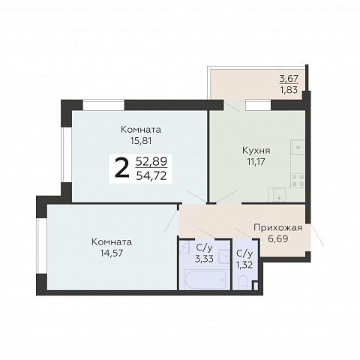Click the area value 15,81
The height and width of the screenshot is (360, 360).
click(x=141, y=141)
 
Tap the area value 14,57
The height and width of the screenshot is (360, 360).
click(x=112, y=253)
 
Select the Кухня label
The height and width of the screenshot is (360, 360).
click(x=256, y=151)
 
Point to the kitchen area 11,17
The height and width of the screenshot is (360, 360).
click(x=256, y=162)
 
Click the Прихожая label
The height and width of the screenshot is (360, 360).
click(x=278, y=228)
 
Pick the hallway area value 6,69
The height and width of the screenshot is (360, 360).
click(x=278, y=238)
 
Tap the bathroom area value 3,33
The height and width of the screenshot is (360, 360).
click(x=204, y=259)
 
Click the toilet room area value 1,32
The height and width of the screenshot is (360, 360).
click(x=244, y=265)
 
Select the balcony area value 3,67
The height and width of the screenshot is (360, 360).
click(x=289, y=79)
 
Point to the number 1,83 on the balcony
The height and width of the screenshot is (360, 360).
click(x=289, y=90)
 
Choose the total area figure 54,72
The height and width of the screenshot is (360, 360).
click(x=151, y=176)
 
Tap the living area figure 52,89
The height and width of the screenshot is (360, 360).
click(x=151, y=162)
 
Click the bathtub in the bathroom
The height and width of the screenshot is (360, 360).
click(x=205, y=280)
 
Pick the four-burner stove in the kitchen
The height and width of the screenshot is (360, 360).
click(x=298, y=181)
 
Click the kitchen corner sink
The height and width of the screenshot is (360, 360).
click(x=280, y=195)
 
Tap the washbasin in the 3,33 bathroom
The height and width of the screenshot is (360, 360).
click(x=224, y=256)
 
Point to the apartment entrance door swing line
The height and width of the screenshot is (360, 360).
click(x=317, y=235)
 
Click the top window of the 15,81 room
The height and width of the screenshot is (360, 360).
click(x=103, y=105)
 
